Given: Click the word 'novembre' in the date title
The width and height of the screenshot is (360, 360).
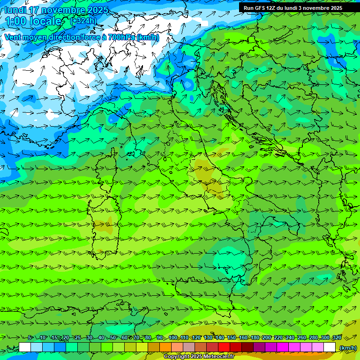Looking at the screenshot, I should (x=56, y=10).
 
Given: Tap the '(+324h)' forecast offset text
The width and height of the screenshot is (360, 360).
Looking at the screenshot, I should (x=83, y=21).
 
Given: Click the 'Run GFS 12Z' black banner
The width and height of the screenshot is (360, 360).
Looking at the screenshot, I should (x=293, y=8).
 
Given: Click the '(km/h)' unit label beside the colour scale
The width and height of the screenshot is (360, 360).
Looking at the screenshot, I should (x=347, y=348).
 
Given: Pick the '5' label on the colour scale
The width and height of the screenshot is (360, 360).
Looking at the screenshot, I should (x=30, y=338).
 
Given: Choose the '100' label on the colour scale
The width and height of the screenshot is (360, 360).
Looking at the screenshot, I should (x=173, y=338).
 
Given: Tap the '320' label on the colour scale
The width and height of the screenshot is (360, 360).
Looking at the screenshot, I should (x=336, y=338).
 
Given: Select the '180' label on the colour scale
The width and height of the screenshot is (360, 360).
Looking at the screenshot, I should (x=255, y=338).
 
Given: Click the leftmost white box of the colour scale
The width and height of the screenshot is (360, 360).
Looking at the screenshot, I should (x=25, y=347).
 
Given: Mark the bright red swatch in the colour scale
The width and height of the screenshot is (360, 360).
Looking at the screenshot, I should (x=224, y=347).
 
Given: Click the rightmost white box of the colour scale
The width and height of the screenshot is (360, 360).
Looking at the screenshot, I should (x=330, y=347).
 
